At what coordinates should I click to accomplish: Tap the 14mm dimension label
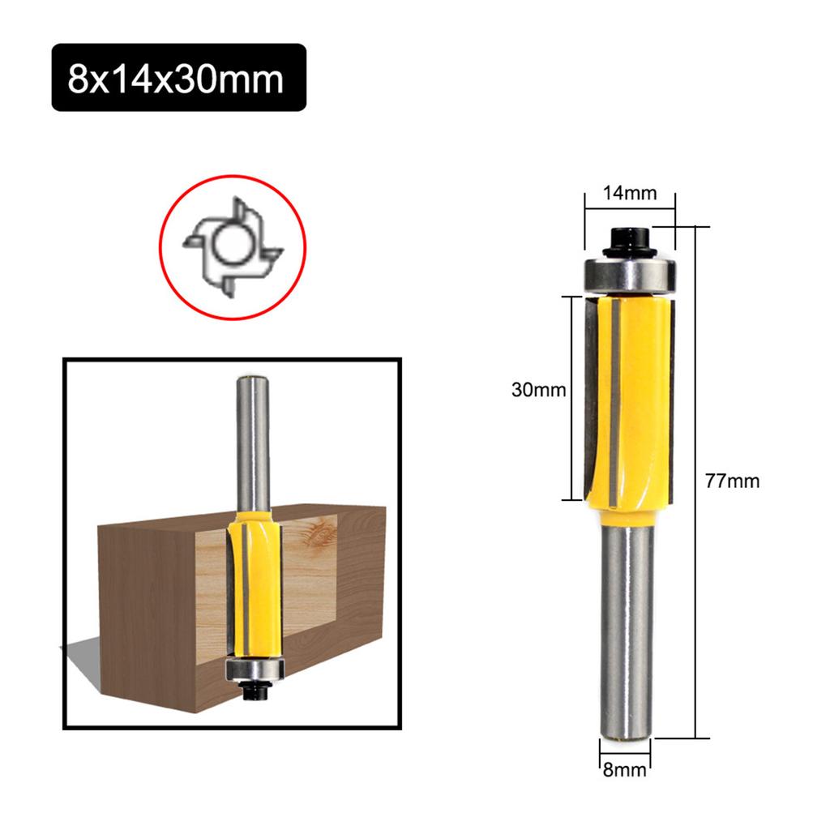[629, 194]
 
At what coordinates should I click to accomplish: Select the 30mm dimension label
[538, 390]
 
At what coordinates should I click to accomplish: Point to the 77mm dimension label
[732, 481]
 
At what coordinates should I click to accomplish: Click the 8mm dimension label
[624, 769]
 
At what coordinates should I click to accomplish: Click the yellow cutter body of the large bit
[640, 397]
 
